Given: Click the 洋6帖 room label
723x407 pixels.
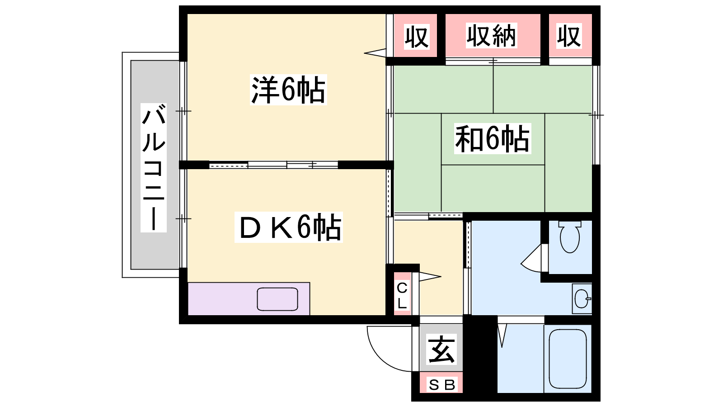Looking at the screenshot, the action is pyautogui.click(x=288, y=90).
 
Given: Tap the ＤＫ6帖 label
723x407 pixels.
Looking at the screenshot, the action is pyautogui.click(x=289, y=227).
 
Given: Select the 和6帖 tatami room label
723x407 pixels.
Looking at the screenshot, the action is pyautogui.click(x=493, y=138).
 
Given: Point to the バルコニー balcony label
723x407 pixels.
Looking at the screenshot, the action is pyautogui.click(x=154, y=167).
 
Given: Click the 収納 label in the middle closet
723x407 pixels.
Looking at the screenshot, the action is pyautogui.click(x=491, y=36).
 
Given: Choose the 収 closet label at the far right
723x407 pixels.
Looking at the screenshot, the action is pyautogui.click(x=569, y=36).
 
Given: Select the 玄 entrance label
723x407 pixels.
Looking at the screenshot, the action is pyautogui.click(x=441, y=349).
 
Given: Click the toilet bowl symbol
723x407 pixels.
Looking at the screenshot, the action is pyautogui.click(x=570, y=237).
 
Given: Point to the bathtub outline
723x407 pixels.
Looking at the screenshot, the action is pyautogui.click(x=568, y=359).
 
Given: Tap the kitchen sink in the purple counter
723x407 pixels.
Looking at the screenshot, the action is pyautogui.click(x=277, y=299).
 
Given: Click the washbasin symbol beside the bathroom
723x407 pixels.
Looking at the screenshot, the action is pyautogui.click(x=582, y=299).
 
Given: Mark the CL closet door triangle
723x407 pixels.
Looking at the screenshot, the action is pyautogui.click(x=430, y=276).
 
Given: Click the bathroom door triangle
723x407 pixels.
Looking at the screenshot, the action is pyautogui.click(x=502, y=336).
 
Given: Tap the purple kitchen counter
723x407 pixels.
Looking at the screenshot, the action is pyautogui.click(x=249, y=299).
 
